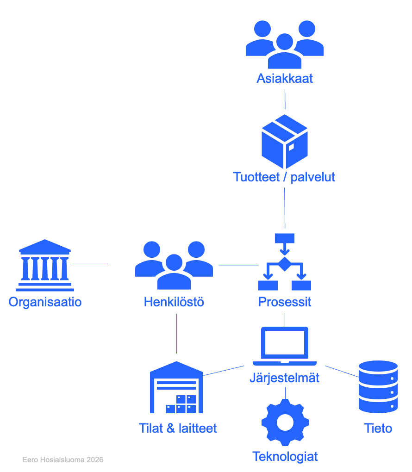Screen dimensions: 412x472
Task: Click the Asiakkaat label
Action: tap(285, 79)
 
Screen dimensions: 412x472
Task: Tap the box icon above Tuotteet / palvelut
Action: tap(285, 142)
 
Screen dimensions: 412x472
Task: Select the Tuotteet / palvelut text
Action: tap(284, 177)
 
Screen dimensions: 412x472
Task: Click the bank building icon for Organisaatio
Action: tap(45, 265)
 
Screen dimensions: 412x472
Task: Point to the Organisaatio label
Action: tap(45, 302)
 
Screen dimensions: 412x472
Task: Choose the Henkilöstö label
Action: tap(174, 302)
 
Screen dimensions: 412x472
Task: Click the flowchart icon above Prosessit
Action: tap(285, 262)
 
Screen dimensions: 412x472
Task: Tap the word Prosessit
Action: tap(285, 302)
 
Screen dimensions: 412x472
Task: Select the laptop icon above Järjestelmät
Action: tap(285, 346)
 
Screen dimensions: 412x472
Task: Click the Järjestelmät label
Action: tap(285, 378)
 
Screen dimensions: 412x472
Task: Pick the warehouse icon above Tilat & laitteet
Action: tap(176, 387)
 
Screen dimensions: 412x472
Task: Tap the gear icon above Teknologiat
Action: tap(285, 422)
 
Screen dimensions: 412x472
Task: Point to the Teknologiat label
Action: tap(285, 457)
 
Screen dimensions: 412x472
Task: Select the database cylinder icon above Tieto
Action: tap(378, 387)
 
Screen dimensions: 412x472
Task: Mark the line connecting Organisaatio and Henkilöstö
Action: tap(90, 264)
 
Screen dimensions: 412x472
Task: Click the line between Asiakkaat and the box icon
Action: tap(285, 99)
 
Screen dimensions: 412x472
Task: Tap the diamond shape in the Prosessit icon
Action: tap(285, 264)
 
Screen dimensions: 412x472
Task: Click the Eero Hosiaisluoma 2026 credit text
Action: tap(62, 460)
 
